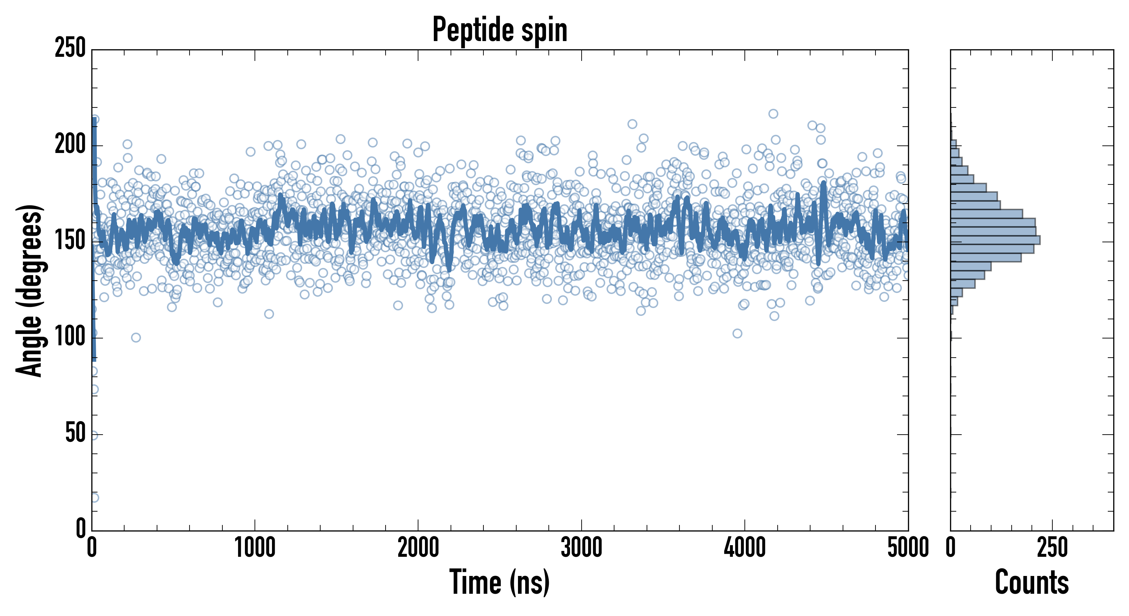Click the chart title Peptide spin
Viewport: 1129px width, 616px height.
(499, 30)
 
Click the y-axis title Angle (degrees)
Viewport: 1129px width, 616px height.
(29, 290)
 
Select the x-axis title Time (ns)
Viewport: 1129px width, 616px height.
(499, 582)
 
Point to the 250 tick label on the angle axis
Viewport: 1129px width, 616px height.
(70, 48)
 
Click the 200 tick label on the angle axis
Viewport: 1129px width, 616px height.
(70, 145)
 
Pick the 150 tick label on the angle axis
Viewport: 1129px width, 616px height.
(70, 241)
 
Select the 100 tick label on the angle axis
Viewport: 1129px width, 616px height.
(70, 337)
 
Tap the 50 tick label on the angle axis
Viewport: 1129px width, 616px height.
(75, 434)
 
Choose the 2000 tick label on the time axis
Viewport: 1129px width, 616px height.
(418, 548)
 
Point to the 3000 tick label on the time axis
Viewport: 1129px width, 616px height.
(581, 548)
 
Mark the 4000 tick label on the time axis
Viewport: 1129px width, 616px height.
(745, 548)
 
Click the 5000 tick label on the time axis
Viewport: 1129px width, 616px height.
(908, 548)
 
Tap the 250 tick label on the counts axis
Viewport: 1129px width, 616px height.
(1052, 548)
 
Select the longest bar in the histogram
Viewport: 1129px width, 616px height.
(995, 240)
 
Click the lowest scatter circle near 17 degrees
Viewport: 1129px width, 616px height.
(94, 498)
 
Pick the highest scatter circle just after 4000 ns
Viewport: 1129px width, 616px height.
(773, 114)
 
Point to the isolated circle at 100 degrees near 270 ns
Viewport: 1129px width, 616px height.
(136, 337)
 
